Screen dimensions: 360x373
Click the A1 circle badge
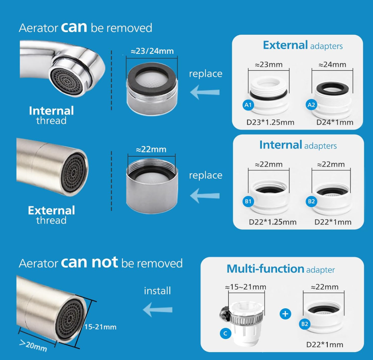[x=248, y=105]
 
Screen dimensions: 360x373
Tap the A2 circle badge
[x=311, y=105]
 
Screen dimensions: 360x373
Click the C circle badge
[x=225, y=334]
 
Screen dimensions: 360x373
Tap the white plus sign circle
[x=285, y=314]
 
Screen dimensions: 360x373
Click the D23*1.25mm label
[x=270, y=122]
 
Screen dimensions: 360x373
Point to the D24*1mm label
[x=335, y=122]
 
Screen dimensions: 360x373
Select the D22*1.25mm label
[x=272, y=222]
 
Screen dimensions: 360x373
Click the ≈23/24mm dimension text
[x=152, y=51]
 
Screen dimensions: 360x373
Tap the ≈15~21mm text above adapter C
[x=245, y=287]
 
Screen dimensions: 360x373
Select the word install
[x=158, y=291]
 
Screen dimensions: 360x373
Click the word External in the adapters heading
[x=285, y=45]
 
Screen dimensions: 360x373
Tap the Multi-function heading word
[x=265, y=269]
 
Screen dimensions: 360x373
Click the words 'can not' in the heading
[x=89, y=262]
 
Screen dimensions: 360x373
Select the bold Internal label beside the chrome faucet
[x=51, y=111]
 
